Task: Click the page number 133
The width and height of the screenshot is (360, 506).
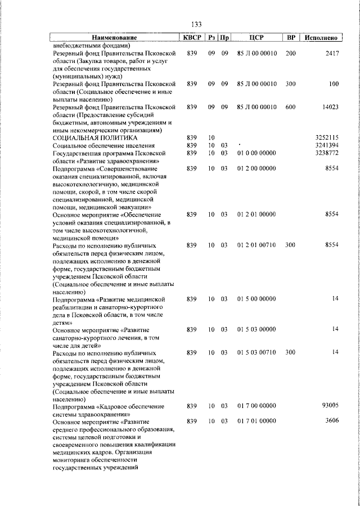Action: click(x=197, y=24)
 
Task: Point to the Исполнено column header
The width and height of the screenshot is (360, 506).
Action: click(x=321, y=38)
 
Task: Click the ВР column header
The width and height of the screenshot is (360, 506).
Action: click(x=291, y=38)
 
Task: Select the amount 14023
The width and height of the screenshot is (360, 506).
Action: click(x=330, y=107)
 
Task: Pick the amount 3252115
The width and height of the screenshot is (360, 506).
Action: click(x=326, y=137)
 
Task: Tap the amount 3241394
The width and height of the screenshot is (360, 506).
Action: click(x=326, y=145)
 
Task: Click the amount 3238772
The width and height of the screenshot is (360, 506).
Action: click(x=326, y=153)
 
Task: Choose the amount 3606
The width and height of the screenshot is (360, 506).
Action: click(x=332, y=420)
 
